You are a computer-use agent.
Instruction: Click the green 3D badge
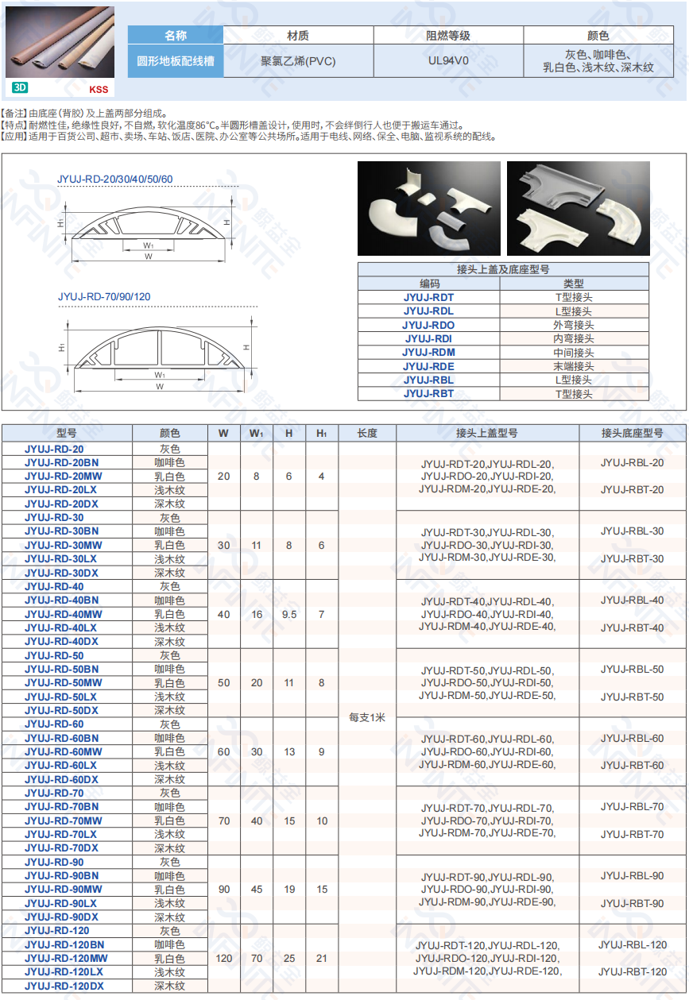pos(20,88)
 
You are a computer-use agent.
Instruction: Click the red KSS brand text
pos(99,90)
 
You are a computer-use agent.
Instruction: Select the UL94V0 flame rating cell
pos(448,60)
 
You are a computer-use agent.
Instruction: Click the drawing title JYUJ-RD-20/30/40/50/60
pos(115,180)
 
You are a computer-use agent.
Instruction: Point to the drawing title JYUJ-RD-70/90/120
pos(104,297)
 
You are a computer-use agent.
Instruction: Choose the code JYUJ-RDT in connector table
pos(428,297)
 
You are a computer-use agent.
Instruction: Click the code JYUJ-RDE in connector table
pos(428,366)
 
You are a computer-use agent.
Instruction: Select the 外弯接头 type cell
pos(574,325)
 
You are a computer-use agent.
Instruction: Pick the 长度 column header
pos(367,433)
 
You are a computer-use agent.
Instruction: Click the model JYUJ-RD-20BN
pos(62,462)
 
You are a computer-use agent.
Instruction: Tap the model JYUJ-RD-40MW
pos(64,614)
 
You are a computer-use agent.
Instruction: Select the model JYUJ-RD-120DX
pos(64,986)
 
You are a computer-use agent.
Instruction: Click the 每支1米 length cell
pos(367,717)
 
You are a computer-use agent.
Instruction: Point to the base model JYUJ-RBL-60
pos(632,738)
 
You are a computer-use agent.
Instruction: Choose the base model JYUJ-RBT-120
pos(633,971)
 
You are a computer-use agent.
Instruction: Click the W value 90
pos(223,890)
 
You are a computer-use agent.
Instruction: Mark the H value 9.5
pos(289,614)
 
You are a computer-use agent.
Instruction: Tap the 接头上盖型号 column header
pos(487,433)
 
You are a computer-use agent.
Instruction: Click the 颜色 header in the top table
pos(598,36)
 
